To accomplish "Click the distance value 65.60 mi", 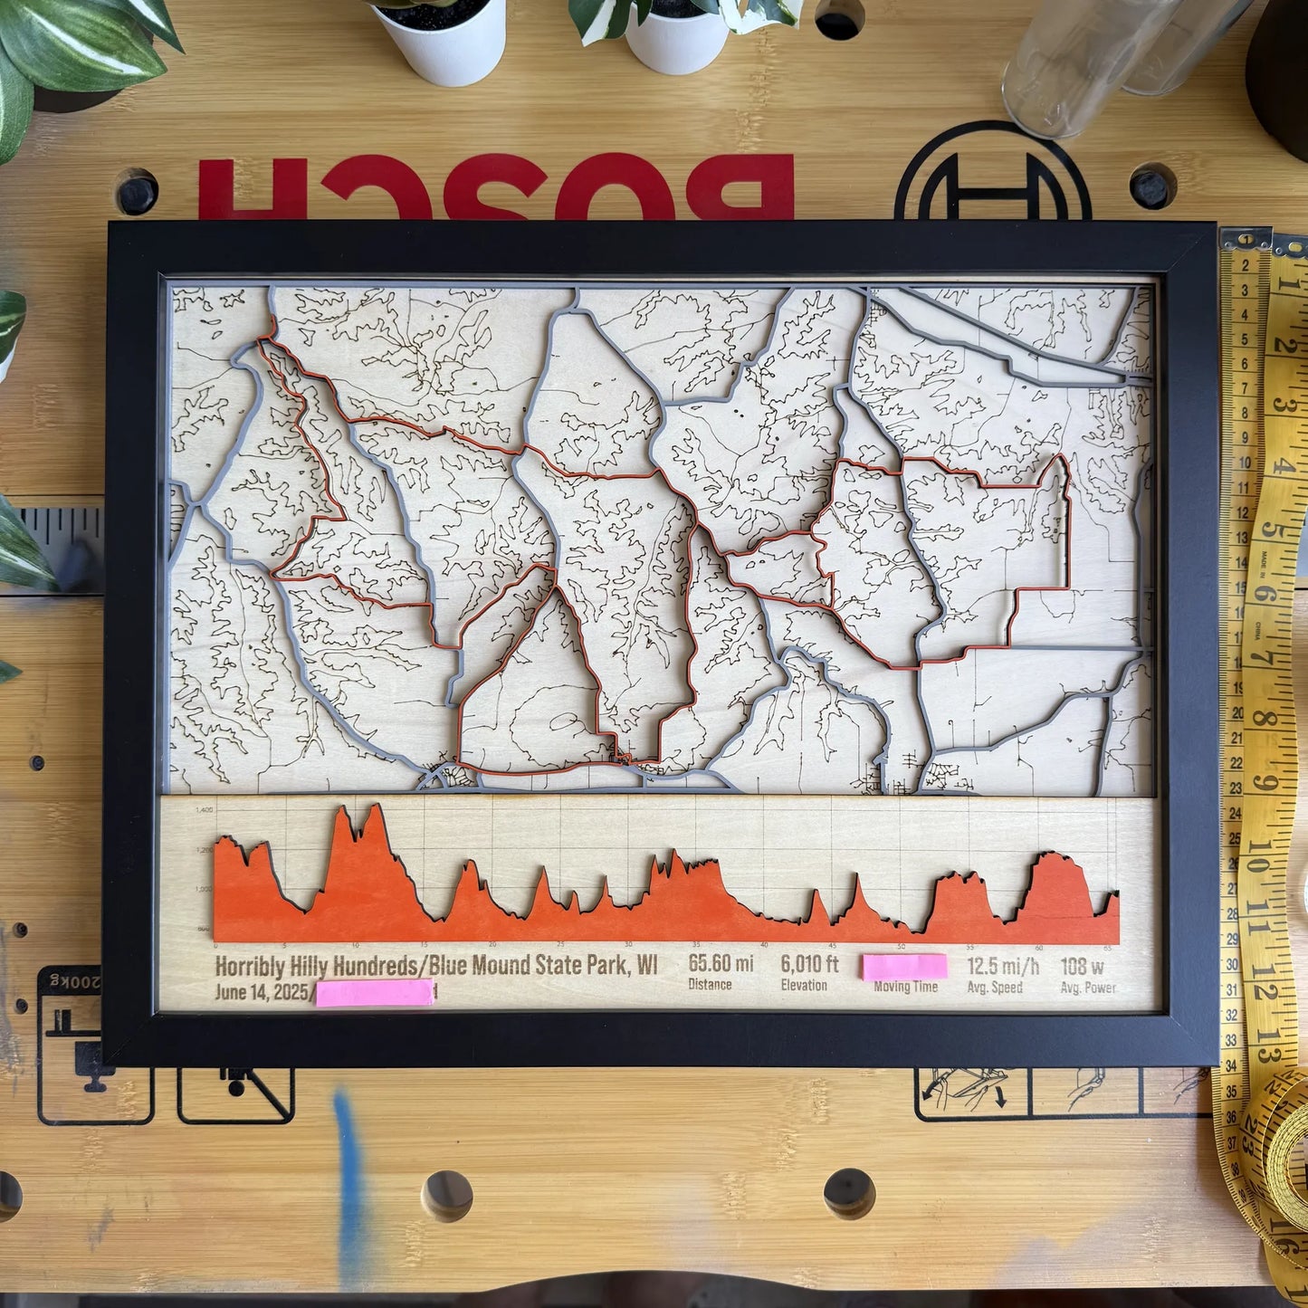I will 720,963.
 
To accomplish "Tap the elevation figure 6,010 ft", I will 809,964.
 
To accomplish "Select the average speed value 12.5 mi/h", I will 1002,967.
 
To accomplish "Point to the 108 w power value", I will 1082,967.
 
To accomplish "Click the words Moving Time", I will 905,987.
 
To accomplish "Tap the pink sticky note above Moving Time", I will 904,966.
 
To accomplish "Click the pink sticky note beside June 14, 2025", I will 375,993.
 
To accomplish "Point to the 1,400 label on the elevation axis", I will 204,810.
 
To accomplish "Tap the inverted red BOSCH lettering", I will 495,186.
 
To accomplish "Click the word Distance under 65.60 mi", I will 710,985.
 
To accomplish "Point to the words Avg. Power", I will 1088,988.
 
